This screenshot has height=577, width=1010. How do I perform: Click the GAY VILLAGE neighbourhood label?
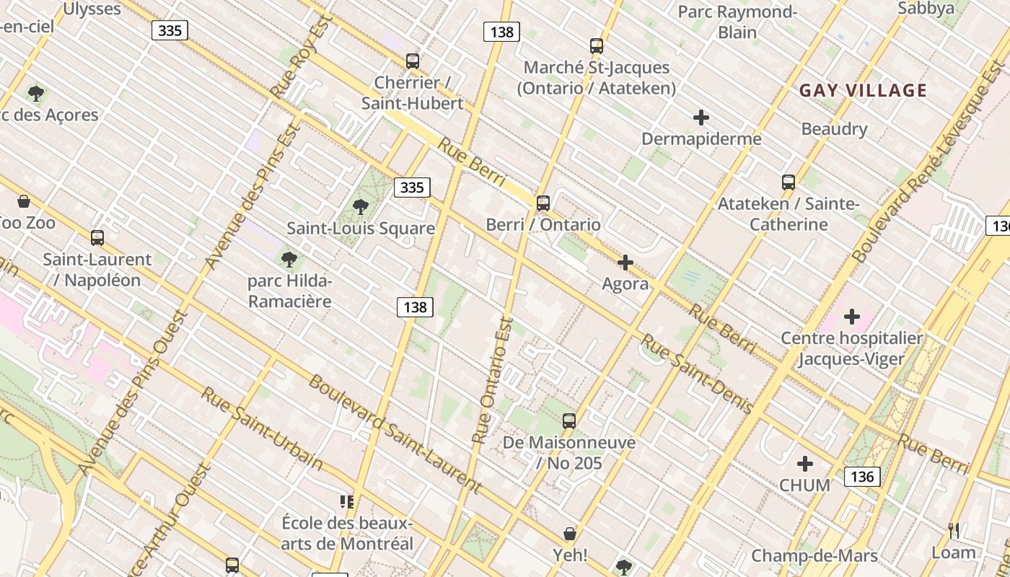(863, 90)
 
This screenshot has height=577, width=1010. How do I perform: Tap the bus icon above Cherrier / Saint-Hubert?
(413, 61)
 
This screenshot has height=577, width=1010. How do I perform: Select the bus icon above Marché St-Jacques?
(597, 46)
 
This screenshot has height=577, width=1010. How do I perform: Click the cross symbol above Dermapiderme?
(701, 117)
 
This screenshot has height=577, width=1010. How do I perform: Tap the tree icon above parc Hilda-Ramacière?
(289, 259)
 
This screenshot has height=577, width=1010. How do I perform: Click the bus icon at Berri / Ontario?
(543, 203)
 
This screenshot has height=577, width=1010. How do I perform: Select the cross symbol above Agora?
(625, 263)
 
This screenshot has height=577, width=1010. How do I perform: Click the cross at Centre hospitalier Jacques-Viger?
(852, 316)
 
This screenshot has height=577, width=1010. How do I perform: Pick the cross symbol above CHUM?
(805, 464)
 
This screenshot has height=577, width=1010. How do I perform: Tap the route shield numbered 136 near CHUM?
(862, 476)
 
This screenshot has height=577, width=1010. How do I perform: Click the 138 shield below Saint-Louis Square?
(415, 307)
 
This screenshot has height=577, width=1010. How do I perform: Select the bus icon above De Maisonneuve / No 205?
(569, 420)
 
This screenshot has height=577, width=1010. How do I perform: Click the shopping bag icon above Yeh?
(570, 534)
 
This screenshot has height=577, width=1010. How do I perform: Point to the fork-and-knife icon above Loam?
(954, 531)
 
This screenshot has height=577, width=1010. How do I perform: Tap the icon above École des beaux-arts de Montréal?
(347, 501)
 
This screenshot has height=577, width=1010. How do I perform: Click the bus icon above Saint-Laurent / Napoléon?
(97, 237)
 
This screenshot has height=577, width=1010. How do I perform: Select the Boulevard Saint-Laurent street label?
(395, 433)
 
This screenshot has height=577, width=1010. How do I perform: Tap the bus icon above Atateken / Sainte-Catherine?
(789, 182)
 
